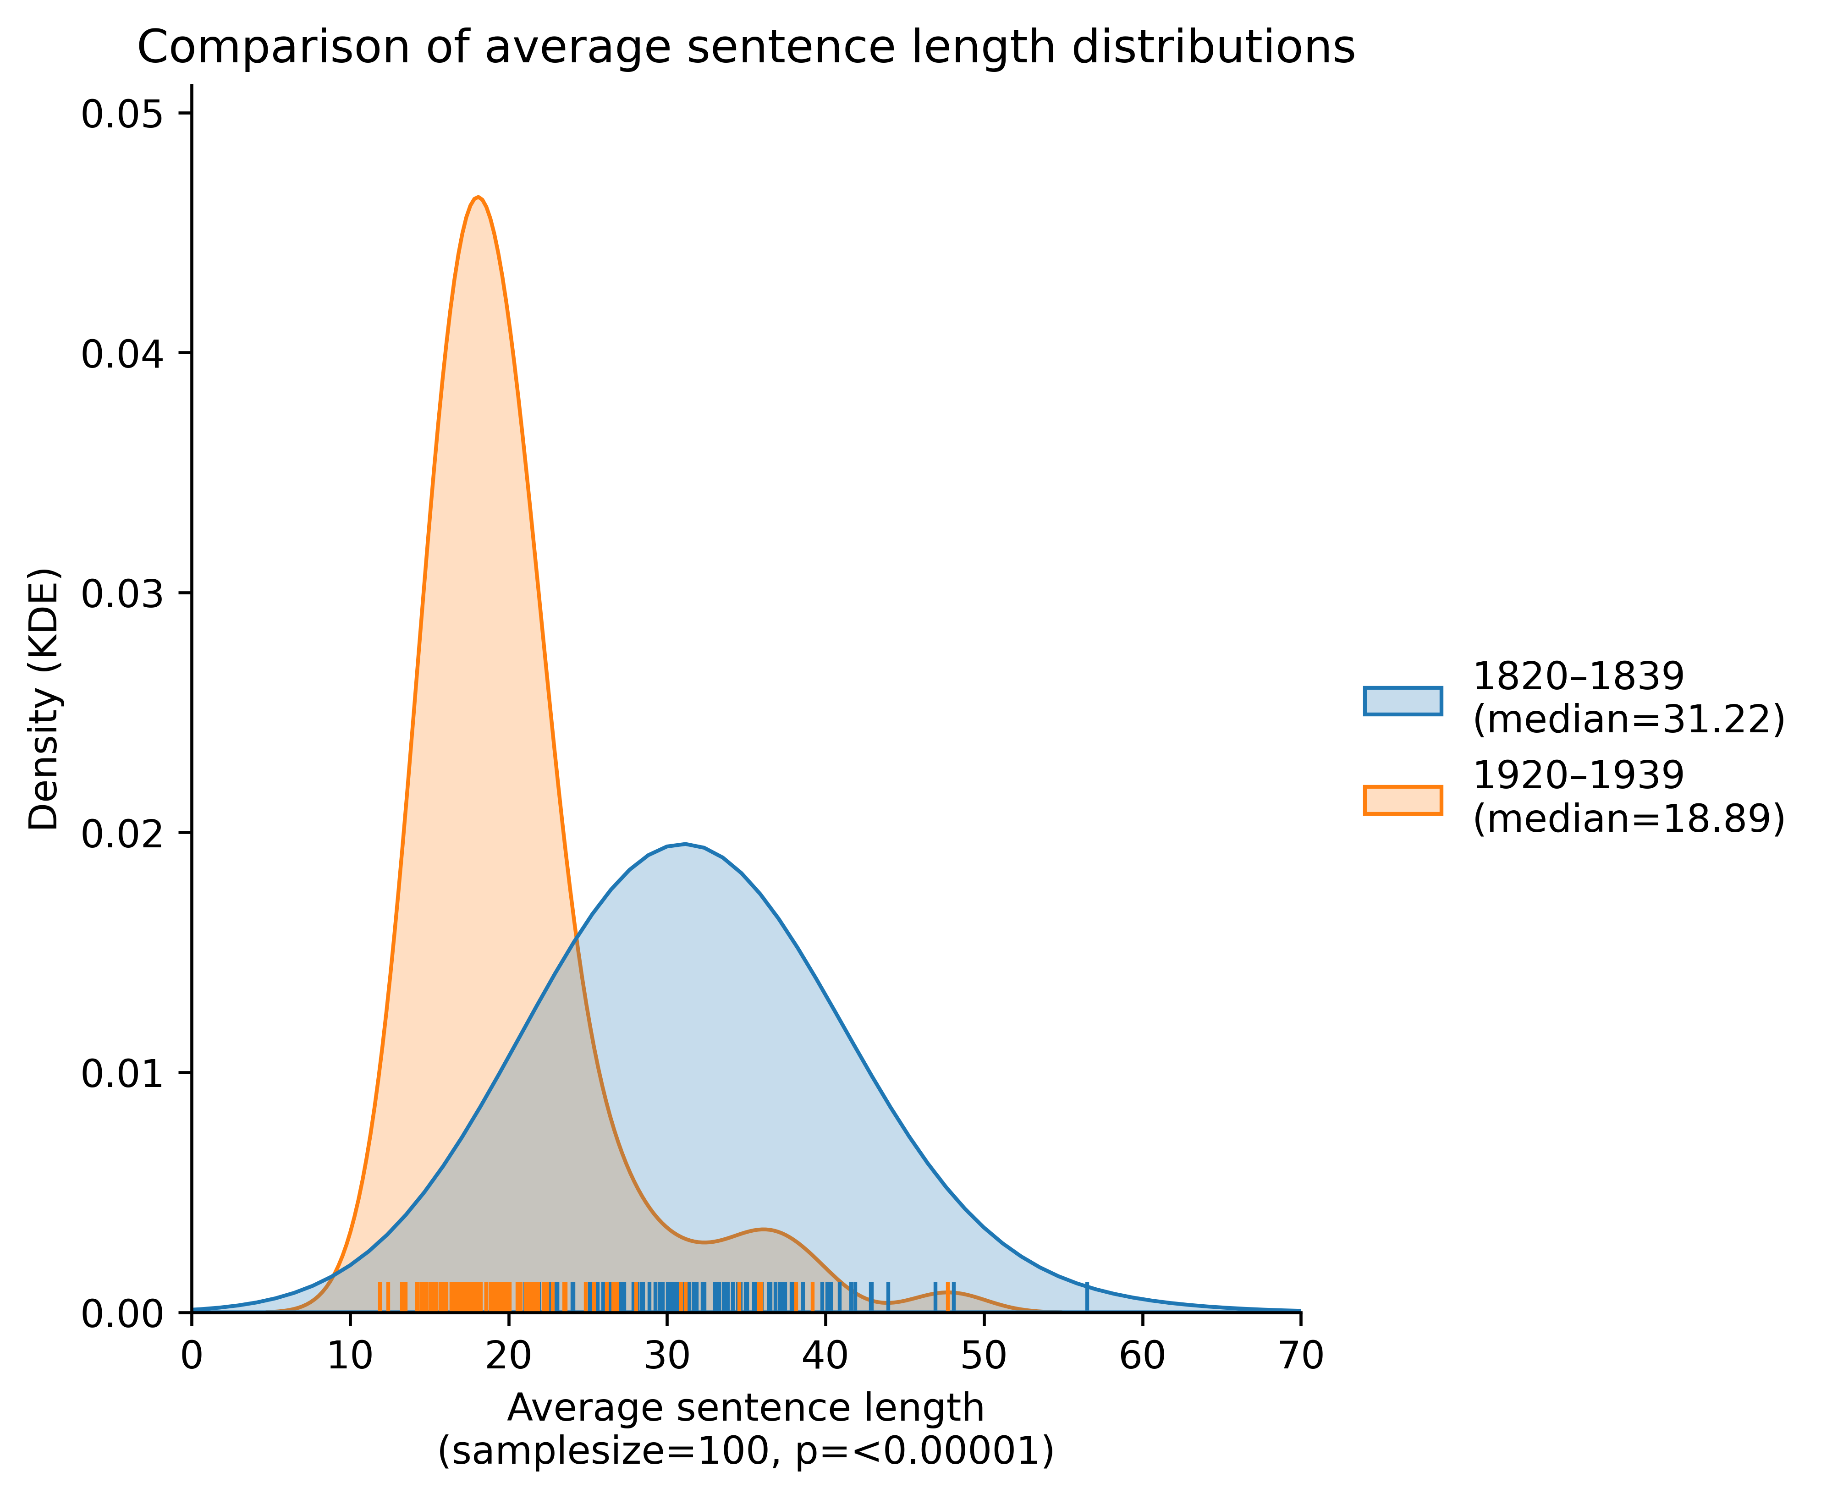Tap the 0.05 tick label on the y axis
[x=123, y=115]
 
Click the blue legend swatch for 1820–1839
[x=1402, y=701]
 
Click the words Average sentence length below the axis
[x=745, y=1408]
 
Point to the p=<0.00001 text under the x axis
[x=919, y=1451]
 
